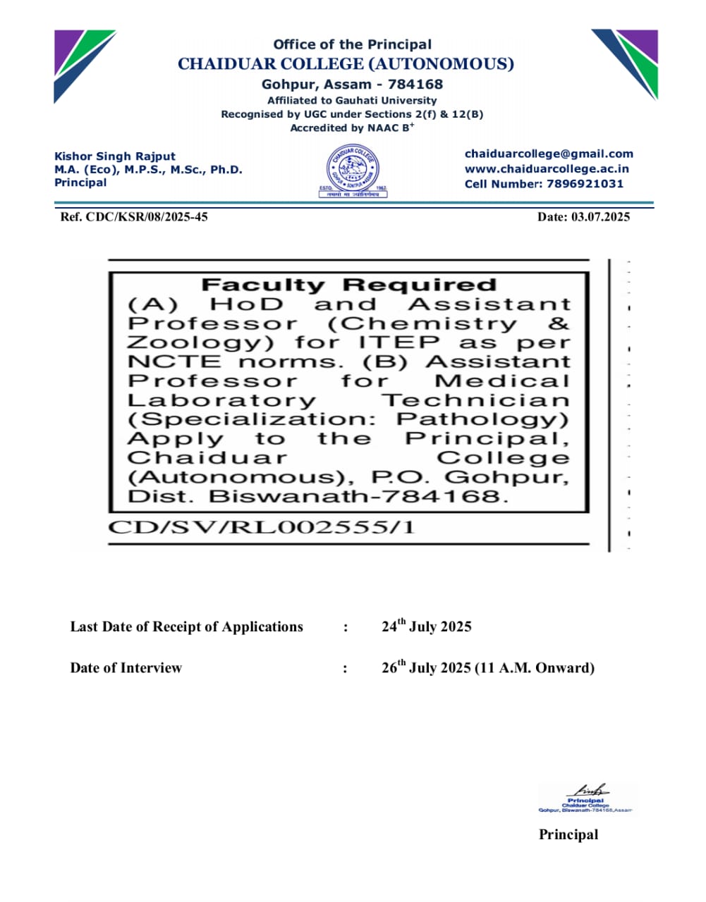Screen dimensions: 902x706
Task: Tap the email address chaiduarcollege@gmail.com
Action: pos(549,154)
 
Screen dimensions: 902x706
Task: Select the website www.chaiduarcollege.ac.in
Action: pos(547,168)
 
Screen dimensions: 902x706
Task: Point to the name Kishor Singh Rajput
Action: pos(115,156)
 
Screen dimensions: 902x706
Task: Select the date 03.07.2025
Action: pos(600,216)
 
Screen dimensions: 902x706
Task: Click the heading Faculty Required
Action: pos(349,285)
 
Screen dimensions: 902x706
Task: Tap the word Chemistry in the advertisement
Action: pos(422,323)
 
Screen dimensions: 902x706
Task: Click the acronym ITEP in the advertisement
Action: pos(398,342)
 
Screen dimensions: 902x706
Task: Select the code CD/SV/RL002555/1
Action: pos(261,527)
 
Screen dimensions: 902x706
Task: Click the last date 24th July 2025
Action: pos(426,626)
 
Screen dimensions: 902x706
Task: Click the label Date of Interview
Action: pos(126,668)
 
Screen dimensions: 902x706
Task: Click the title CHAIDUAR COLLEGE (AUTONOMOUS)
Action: pos(346,64)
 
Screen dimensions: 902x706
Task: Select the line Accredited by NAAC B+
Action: pos(352,128)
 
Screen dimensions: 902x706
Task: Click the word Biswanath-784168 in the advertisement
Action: pos(358,496)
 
